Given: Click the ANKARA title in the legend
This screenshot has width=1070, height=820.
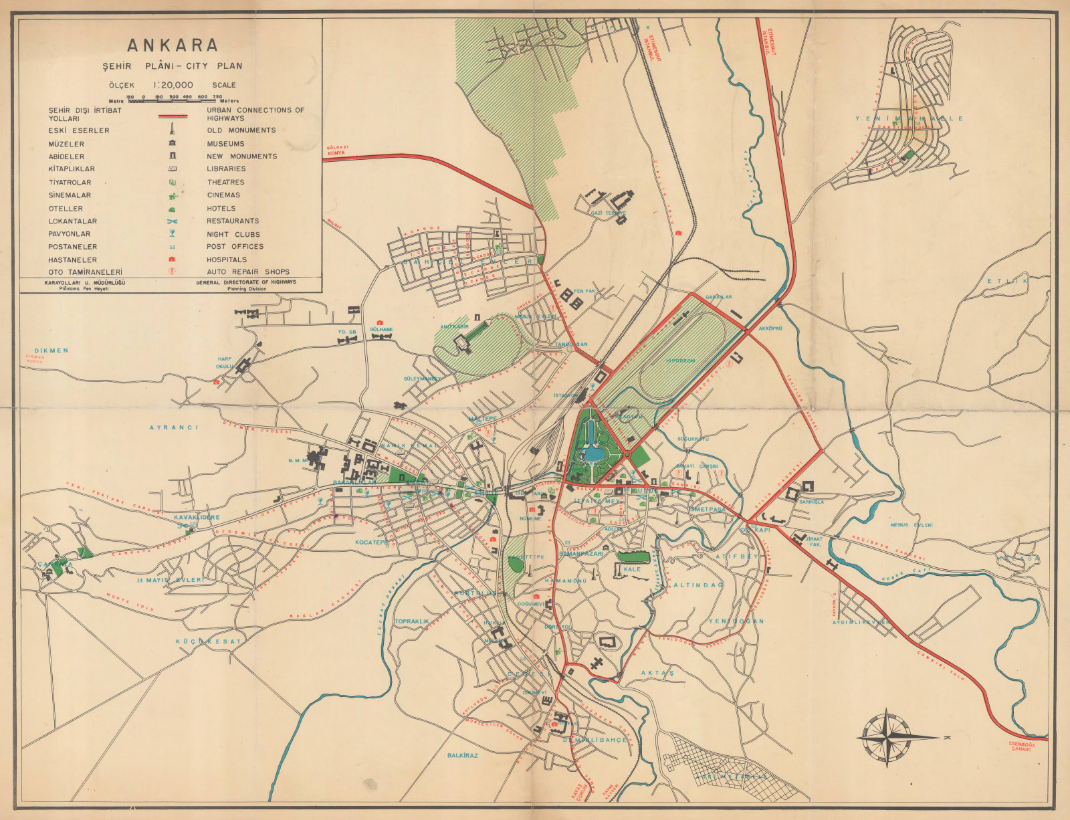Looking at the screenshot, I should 173,45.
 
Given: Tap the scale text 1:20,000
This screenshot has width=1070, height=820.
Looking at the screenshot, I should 173,85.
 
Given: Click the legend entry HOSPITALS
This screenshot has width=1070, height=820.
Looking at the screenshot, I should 226,260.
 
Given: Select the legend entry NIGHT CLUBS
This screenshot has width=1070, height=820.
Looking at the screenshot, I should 233,234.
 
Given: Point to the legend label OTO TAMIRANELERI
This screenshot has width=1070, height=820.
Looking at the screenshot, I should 85,272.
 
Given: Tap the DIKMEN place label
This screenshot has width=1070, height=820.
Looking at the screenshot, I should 51,350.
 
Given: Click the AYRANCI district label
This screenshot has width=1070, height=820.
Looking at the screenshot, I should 174,427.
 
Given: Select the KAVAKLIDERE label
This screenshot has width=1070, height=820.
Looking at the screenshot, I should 197,518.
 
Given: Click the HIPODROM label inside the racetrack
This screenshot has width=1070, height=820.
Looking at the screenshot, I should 680,361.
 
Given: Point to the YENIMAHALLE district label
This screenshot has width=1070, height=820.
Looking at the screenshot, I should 909,118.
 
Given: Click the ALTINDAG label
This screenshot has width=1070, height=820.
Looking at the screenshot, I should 698,585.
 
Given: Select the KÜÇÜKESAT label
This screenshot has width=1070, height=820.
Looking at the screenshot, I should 208,641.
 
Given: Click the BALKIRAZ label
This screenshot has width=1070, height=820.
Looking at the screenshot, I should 462,755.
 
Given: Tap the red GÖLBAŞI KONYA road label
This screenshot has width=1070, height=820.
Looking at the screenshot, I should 336,150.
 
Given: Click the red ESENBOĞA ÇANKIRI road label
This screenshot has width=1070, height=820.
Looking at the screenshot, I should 1021,746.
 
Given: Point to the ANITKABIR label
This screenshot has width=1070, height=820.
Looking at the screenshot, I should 454,327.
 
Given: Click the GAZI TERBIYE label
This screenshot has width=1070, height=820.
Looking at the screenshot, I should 608,213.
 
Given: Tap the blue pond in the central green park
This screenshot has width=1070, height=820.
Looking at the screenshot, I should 593,454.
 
